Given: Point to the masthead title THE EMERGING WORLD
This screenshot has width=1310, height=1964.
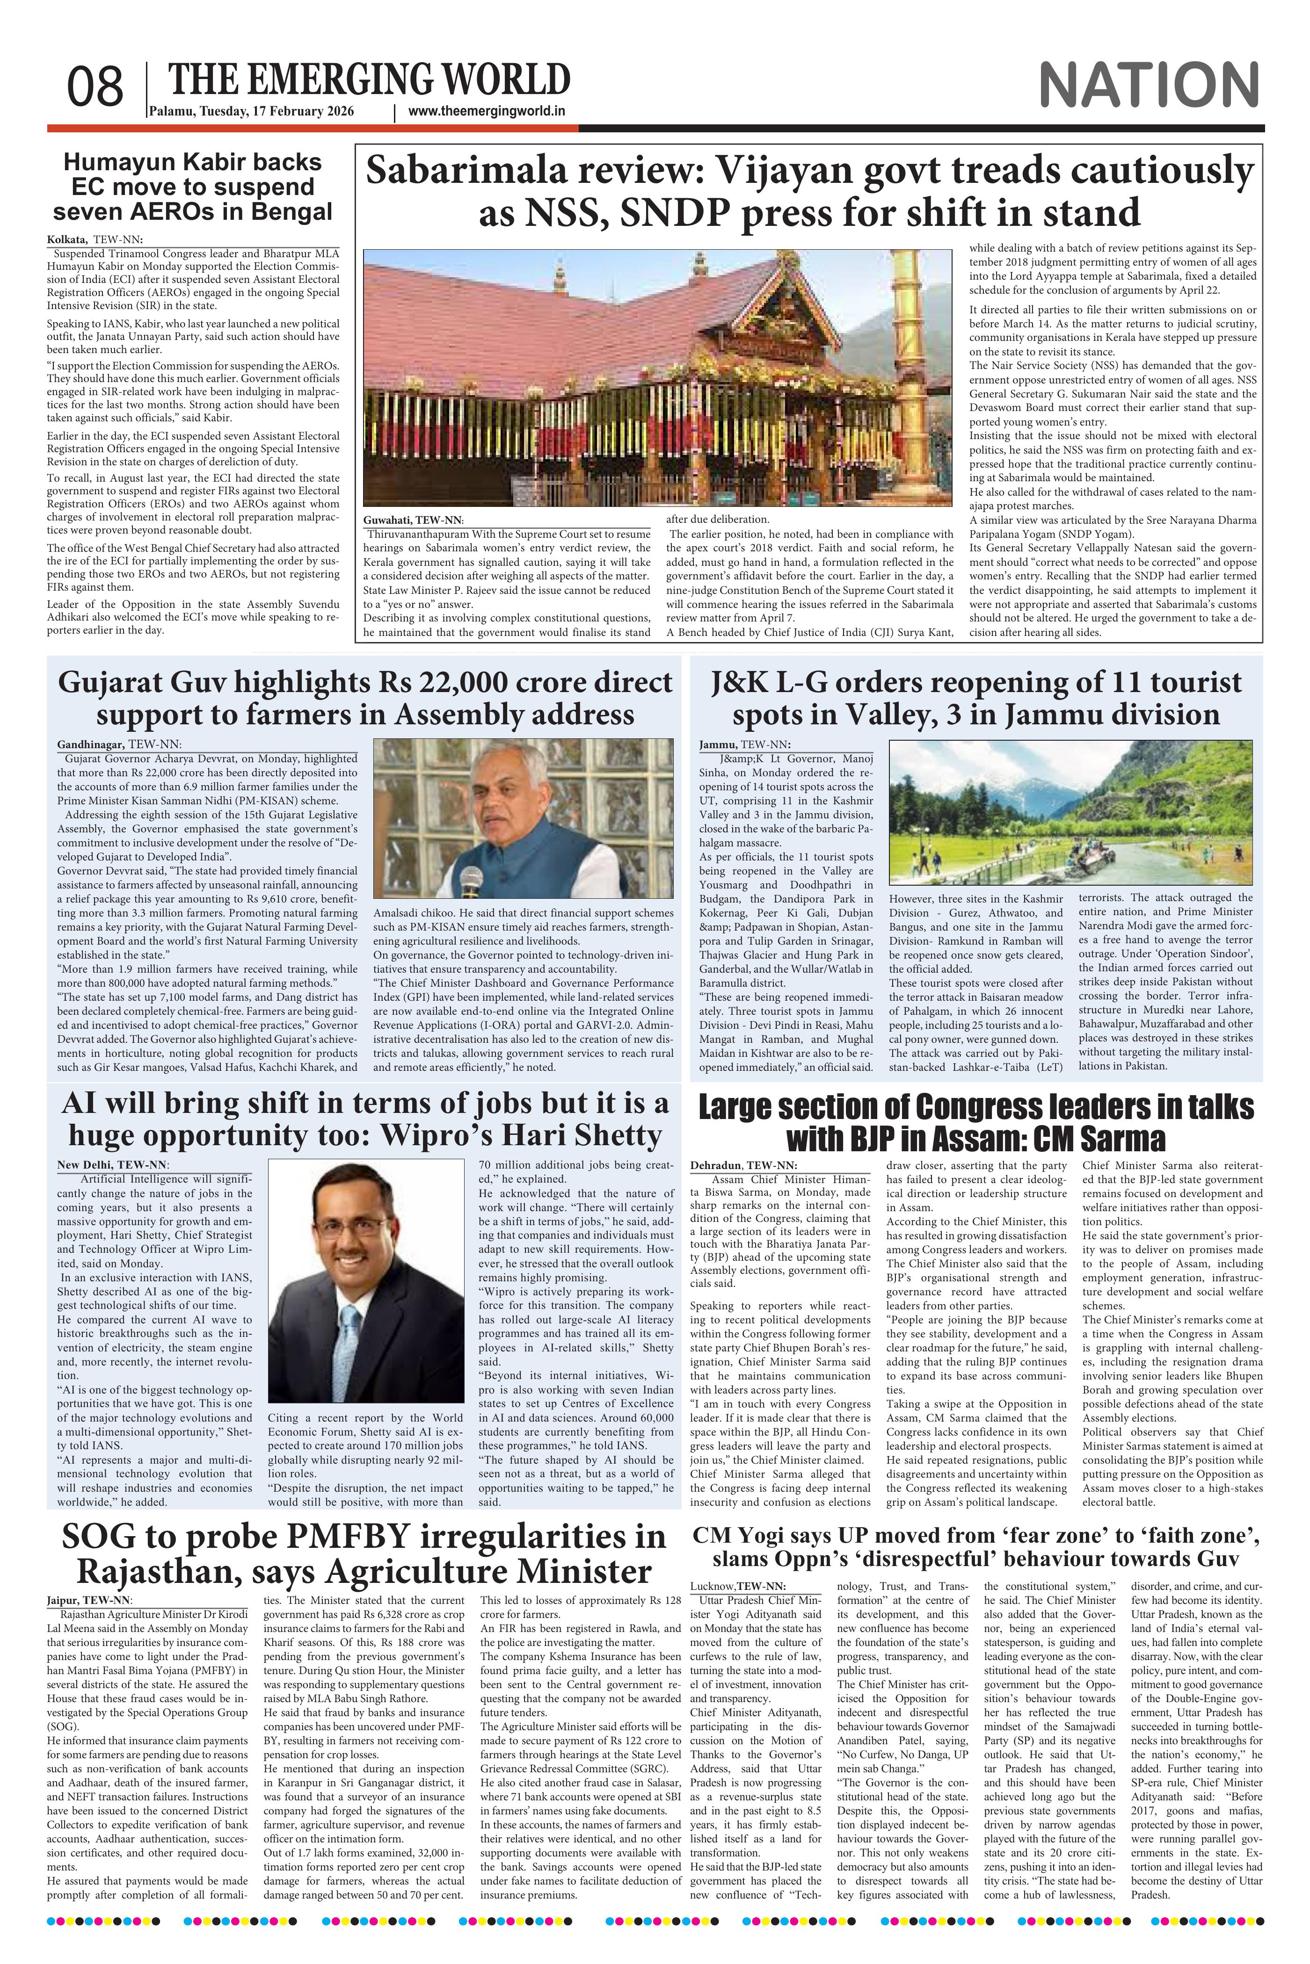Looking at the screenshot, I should click(369, 79).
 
